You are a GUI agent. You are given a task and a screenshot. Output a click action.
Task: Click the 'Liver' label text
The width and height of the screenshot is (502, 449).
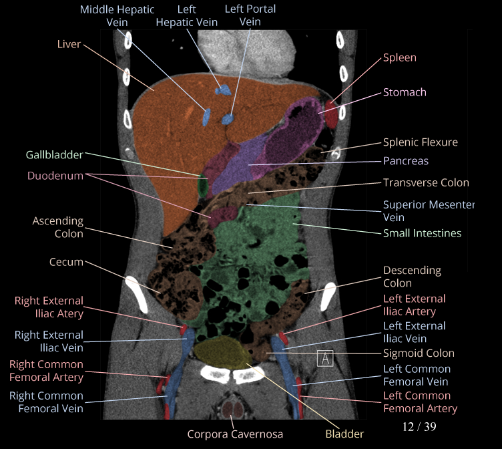point(69,44)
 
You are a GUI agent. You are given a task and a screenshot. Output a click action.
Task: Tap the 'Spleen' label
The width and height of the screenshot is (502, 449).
point(399,58)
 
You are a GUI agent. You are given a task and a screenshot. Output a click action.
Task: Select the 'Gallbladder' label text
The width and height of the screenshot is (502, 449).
point(55,155)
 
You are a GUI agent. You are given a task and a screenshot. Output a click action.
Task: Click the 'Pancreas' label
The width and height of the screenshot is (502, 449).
point(405,161)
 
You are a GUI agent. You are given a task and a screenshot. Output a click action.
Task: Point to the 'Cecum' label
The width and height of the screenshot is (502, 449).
point(66,262)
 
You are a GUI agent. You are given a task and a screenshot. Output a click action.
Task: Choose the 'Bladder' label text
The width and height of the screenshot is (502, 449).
point(344,434)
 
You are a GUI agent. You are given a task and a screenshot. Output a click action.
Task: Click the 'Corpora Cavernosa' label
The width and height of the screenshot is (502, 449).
point(235,434)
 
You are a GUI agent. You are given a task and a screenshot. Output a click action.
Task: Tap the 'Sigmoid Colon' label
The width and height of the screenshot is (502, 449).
point(419,353)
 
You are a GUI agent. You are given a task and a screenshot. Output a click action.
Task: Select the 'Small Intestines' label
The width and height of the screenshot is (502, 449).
point(422,233)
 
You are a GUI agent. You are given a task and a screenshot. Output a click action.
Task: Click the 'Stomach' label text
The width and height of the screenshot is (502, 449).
point(405,92)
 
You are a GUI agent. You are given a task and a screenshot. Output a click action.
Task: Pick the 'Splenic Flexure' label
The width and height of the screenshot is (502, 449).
point(420,142)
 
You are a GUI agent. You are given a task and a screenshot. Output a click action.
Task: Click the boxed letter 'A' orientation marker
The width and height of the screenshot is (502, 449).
point(324,358)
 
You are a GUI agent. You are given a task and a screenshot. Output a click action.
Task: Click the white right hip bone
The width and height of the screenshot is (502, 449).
point(139,294)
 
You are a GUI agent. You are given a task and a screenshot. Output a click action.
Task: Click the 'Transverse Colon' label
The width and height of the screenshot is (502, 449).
point(426,182)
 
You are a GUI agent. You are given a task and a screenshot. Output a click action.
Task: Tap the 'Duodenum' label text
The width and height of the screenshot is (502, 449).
point(55,176)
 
